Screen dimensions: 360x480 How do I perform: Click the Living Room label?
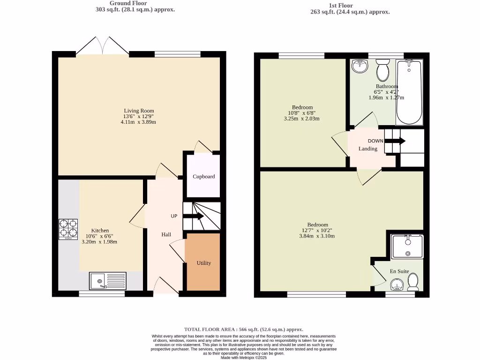[139, 111]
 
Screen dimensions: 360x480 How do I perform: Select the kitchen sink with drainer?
[108, 281]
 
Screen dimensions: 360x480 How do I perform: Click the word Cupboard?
[204, 177]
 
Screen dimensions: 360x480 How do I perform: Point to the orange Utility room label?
[203, 263]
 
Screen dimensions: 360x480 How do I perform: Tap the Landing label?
[368, 149]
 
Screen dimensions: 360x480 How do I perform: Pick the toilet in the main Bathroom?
[382, 71]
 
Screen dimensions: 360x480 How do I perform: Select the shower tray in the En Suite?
[407, 246]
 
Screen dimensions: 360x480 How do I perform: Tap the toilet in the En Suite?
[413, 282]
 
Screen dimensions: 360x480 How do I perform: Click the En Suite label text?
[399, 271]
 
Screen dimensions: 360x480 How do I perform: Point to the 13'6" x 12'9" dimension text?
[139, 116]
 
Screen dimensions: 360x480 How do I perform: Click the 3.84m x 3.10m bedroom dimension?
[317, 236]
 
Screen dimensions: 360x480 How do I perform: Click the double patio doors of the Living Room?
[103, 46]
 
